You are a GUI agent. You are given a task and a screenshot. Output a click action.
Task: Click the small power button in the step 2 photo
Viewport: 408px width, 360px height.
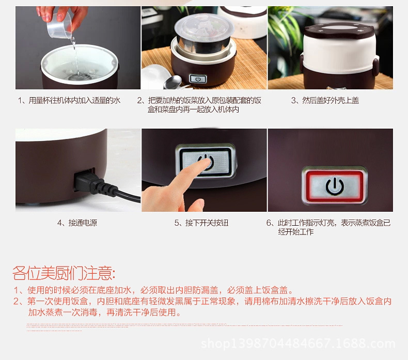pos(198,79)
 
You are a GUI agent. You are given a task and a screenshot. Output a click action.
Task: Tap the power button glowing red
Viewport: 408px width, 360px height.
pos(334,185)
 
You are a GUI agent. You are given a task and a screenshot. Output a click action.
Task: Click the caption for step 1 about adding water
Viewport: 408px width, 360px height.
pos(69,100)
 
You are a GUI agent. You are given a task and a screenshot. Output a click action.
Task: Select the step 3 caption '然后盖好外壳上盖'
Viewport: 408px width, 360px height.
pos(325,100)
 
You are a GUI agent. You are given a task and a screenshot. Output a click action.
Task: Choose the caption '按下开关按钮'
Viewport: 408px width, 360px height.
pos(201,223)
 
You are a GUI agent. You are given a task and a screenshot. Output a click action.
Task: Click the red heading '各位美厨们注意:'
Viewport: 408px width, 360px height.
pos(64,273)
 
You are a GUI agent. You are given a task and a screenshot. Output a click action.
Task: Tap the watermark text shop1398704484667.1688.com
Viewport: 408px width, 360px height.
pos(298,343)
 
